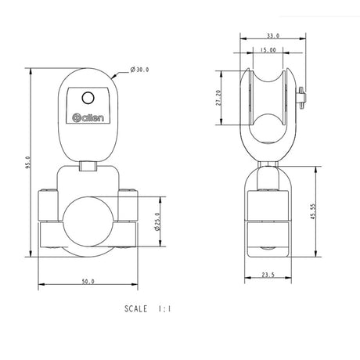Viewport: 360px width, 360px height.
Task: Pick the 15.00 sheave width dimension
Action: (x=268, y=50)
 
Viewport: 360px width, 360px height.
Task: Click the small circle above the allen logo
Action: (x=88, y=98)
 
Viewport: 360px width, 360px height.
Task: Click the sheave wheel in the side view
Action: (x=268, y=102)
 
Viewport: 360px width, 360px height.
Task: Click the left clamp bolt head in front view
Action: (x=49, y=191)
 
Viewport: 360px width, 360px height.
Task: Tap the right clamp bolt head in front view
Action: (x=128, y=191)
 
